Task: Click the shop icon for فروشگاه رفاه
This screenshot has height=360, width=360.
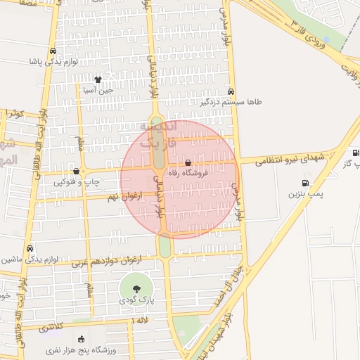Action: [188, 162]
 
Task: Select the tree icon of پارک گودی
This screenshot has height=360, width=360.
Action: [136, 288]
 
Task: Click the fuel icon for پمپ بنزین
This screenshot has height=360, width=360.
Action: [302, 184]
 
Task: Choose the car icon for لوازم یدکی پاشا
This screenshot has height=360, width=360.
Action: [53, 51]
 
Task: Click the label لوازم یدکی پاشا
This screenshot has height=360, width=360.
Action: [53, 62]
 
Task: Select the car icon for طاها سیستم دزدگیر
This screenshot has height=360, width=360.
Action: [231, 91]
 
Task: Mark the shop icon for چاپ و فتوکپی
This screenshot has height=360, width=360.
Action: [76, 172]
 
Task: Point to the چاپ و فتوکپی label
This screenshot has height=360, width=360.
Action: [77, 182]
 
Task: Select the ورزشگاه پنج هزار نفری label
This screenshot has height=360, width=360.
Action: [82, 349]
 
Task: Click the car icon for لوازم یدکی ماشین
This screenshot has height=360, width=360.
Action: [30, 249]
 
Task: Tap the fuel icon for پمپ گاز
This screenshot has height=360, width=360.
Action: [355, 153]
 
